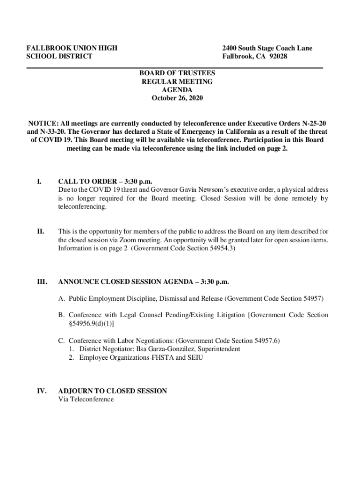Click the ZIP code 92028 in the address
(277, 57)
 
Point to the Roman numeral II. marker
(41, 232)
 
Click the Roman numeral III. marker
(42, 282)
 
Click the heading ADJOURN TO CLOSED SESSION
(112, 391)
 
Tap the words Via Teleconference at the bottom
(86, 399)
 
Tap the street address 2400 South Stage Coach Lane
(267, 48)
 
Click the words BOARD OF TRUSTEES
(177, 73)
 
